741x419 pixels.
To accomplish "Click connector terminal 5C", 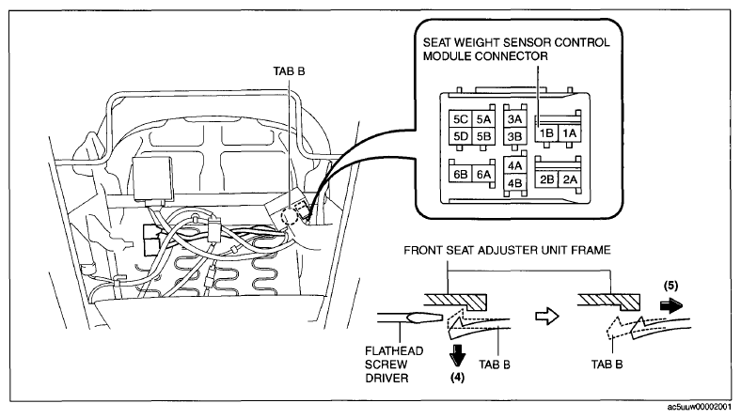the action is (x=460, y=119).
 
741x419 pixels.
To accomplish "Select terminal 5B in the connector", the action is (x=483, y=136).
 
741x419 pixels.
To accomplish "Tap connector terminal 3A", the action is (x=514, y=119).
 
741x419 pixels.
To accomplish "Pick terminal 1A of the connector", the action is (x=570, y=133).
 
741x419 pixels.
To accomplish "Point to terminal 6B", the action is (x=460, y=175).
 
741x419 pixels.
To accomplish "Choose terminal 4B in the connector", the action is (x=514, y=183).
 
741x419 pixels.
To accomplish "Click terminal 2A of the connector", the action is (x=570, y=179).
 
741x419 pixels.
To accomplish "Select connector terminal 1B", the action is (x=546, y=133).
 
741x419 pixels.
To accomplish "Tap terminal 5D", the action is (x=460, y=136).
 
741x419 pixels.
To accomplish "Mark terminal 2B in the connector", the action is (x=546, y=179).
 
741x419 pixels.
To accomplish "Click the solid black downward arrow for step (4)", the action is (x=457, y=355).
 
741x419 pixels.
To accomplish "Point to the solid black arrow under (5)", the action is (x=671, y=306).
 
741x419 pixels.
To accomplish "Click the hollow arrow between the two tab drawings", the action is (x=547, y=316).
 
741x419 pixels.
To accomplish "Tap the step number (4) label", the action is (x=457, y=377).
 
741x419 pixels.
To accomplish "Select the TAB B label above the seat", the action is (x=289, y=71).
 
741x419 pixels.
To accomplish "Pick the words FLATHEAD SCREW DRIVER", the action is (x=394, y=365).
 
